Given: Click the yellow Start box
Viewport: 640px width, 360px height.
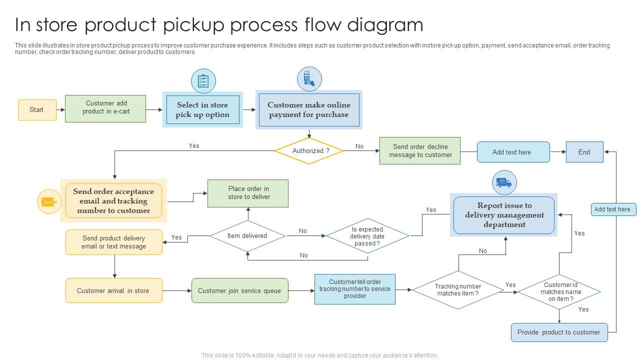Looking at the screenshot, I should (x=36, y=110).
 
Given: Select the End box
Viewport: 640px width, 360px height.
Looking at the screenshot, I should (x=584, y=152).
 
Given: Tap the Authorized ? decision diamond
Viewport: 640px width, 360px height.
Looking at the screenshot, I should (x=309, y=151).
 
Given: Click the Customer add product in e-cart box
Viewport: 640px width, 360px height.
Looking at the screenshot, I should (x=105, y=108).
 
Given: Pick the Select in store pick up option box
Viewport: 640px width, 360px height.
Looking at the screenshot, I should (x=202, y=110).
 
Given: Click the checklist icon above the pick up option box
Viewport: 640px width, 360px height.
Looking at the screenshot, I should (x=203, y=81).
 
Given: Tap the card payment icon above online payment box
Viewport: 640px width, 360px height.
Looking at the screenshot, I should (x=309, y=79).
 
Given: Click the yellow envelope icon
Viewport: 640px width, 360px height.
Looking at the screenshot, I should (x=49, y=202).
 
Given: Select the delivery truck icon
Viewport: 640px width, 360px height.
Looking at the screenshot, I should (x=504, y=182).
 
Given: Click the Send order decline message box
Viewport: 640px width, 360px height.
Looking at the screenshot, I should (x=420, y=151).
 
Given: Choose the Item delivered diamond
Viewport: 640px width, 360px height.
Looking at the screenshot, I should (x=247, y=236).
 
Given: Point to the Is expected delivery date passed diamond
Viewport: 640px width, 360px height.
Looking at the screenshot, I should (x=367, y=236).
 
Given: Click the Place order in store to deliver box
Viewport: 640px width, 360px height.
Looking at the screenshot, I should (x=248, y=193).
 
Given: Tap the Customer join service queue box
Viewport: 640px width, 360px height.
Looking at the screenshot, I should (x=240, y=290).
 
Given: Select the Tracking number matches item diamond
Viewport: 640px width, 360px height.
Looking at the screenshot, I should (x=458, y=290).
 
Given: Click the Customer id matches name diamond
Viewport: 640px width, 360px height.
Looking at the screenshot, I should (x=559, y=291).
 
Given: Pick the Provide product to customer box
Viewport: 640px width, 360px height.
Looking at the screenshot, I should (x=559, y=332).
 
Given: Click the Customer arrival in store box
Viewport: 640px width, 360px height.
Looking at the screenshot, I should (x=113, y=290).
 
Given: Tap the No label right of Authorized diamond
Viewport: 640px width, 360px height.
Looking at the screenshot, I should (x=359, y=146).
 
